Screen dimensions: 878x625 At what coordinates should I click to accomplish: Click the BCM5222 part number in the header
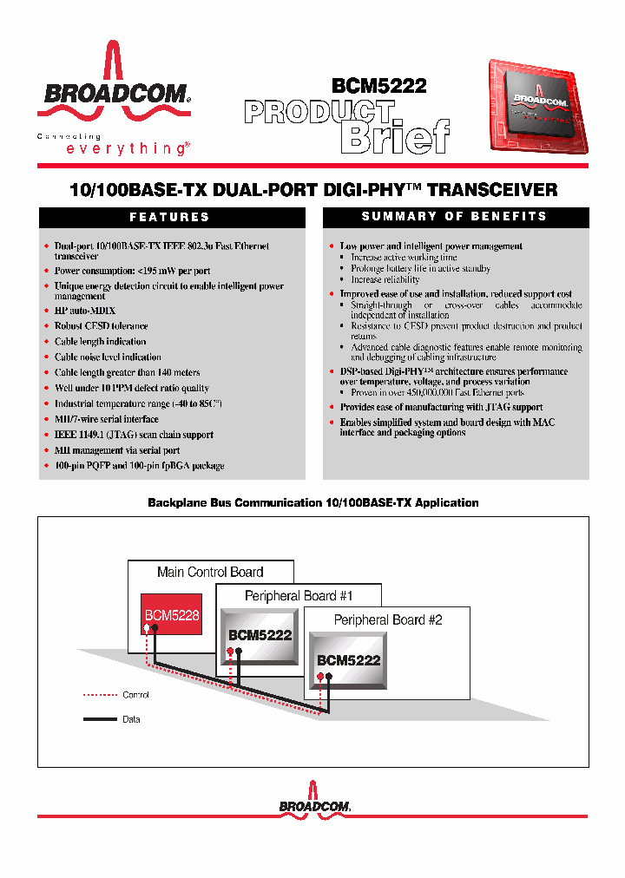[378, 86]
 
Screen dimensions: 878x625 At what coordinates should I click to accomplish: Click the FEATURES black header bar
[169, 217]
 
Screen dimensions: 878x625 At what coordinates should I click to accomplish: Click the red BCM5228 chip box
[172, 615]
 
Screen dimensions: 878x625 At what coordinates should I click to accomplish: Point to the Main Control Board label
[210, 572]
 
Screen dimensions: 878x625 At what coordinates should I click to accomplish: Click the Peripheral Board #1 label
[299, 596]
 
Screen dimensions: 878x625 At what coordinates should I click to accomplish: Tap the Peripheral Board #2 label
[388, 619]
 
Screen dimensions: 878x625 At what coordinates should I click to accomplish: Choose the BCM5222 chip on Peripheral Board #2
[348, 660]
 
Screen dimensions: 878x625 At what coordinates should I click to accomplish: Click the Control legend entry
[135, 695]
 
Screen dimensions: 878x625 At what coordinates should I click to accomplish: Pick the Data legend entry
[131, 719]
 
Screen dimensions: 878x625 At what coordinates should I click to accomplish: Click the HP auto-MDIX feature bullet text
[85, 311]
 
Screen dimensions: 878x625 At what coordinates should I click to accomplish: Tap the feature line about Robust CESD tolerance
[101, 326]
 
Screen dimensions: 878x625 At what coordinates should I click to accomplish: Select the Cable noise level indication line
[108, 357]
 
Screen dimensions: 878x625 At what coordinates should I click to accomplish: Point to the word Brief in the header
[395, 135]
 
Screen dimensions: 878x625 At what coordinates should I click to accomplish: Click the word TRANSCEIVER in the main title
[492, 190]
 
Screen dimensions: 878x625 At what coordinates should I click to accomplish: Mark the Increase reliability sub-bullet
[385, 280]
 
